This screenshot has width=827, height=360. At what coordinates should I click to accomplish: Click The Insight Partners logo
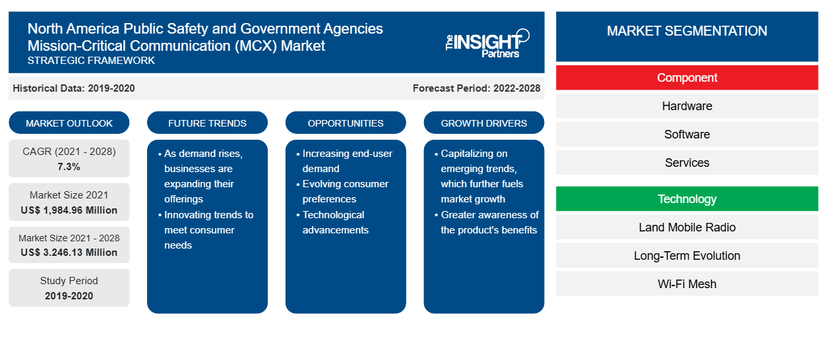pyautogui.click(x=487, y=44)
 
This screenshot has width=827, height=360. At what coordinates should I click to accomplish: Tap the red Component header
pyautogui.click(x=687, y=78)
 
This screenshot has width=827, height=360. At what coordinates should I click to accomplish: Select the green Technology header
pyautogui.click(x=687, y=198)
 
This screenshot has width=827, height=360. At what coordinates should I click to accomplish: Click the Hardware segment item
pyautogui.click(x=687, y=106)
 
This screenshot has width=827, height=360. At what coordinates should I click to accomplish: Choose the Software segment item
pyautogui.click(x=687, y=134)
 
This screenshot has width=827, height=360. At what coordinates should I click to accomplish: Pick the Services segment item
pyautogui.click(x=687, y=162)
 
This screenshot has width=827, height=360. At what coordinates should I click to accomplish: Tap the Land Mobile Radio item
pyautogui.click(x=687, y=227)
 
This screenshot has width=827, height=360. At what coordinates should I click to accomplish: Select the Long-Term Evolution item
pyautogui.click(x=687, y=256)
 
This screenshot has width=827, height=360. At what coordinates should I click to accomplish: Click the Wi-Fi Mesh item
pyautogui.click(x=687, y=284)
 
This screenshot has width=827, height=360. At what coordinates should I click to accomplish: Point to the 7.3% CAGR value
pyautogui.click(x=69, y=167)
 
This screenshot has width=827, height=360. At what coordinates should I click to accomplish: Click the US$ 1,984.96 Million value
pyautogui.click(x=69, y=210)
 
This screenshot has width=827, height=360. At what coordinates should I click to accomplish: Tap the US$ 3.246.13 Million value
pyautogui.click(x=69, y=253)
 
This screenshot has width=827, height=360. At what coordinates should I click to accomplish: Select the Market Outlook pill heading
pyautogui.click(x=69, y=123)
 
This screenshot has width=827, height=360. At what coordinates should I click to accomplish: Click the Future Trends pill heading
pyautogui.click(x=207, y=123)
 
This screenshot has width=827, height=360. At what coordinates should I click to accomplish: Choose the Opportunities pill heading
pyautogui.click(x=346, y=123)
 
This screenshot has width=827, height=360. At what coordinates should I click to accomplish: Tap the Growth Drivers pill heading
pyautogui.click(x=483, y=123)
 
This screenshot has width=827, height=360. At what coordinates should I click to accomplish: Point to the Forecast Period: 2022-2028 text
pyautogui.click(x=476, y=88)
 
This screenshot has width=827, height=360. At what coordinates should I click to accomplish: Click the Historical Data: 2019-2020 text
pyautogui.click(x=74, y=88)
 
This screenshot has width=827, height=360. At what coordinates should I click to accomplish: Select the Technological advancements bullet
pyautogui.click(x=332, y=222)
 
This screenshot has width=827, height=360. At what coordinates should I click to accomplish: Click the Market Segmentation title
pyautogui.click(x=687, y=31)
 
